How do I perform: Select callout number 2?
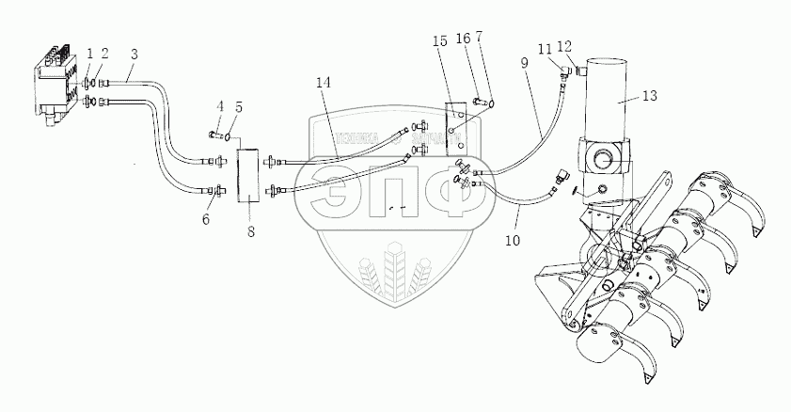pyautogui.click(x=105, y=53)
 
